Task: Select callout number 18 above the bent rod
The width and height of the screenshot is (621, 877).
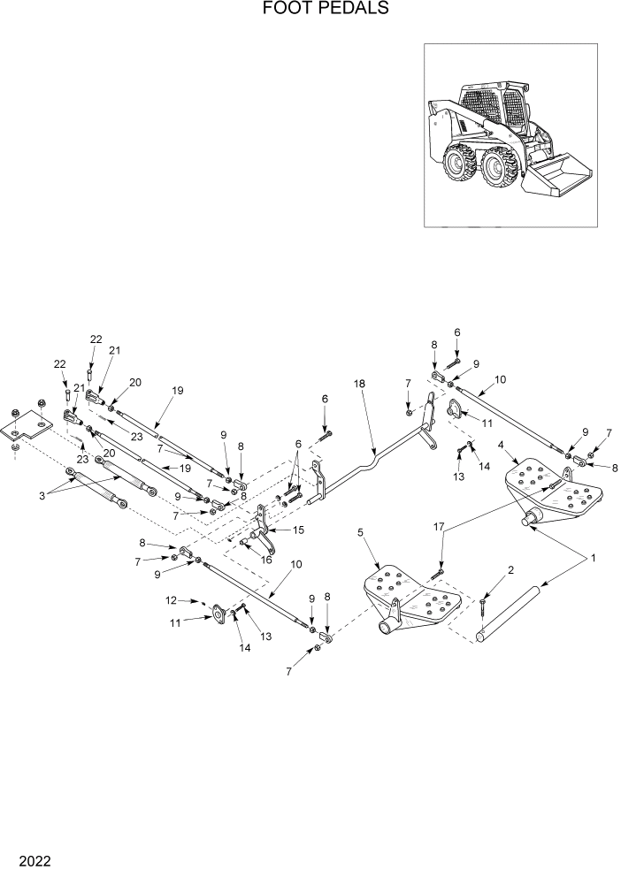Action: (x=359, y=385)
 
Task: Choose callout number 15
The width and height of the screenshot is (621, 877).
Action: (x=298, y=530)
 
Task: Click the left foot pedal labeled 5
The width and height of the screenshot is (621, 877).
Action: (x=411, y=602)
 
